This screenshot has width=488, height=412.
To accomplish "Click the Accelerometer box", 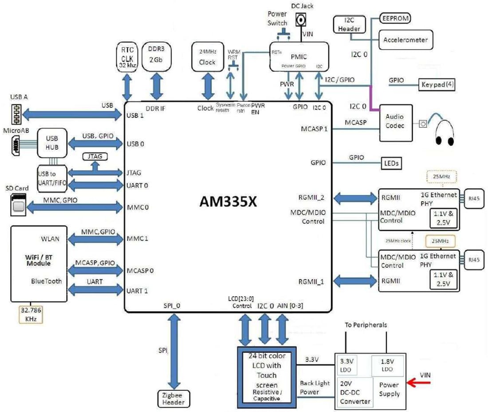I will click(405, 40).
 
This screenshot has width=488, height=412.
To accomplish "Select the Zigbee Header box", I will click(173, 399).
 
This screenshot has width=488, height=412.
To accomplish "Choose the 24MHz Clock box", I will click(207, 56).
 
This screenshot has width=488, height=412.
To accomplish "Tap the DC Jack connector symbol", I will click(301, 20).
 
